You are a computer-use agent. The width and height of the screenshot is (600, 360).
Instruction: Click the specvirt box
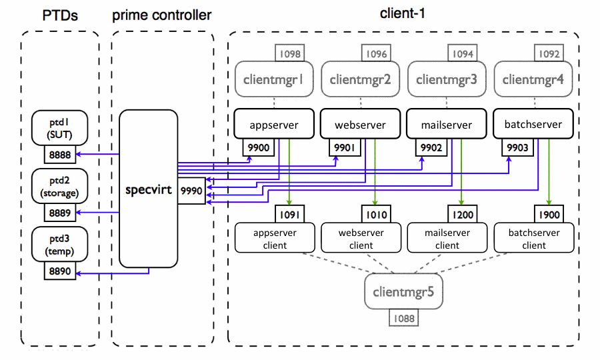[148, 189]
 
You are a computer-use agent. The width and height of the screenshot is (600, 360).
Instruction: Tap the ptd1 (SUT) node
[59, 127]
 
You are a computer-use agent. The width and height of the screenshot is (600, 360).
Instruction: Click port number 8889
[59, 213]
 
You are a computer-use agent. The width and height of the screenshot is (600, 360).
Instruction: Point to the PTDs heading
[59, 15]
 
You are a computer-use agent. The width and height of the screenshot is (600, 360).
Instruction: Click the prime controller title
[163, 15]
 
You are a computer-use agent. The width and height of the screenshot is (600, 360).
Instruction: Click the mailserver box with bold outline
[447, 124]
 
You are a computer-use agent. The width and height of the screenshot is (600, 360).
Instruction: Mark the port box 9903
[517, 147]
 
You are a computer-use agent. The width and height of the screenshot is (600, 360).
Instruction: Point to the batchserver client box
[534, 239]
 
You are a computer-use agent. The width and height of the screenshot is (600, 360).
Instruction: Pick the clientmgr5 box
[404, 291]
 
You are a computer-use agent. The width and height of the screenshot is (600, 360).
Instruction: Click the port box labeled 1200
[461, 215]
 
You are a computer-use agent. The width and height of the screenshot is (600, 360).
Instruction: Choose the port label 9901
[344, 147]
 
